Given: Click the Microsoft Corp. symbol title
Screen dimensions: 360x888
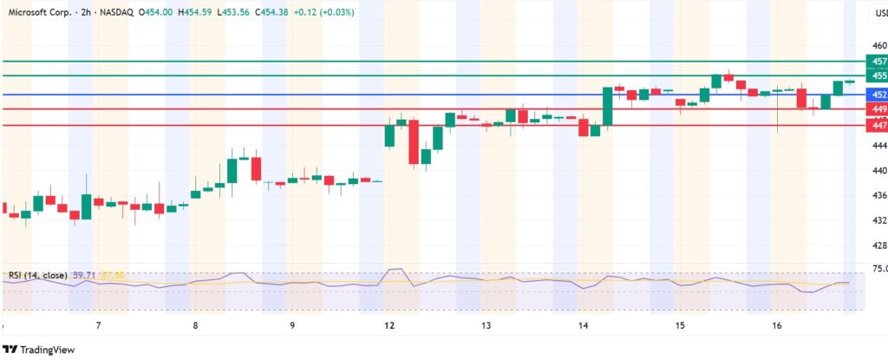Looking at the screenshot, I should coord(39,12).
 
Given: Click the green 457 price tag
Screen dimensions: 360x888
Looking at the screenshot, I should coord(878,62).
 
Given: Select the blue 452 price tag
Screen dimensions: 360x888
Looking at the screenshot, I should coord(878,94).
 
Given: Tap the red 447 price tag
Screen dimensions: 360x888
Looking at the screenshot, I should coord(878,125).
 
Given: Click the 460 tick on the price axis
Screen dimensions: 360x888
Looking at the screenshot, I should coord(878,45).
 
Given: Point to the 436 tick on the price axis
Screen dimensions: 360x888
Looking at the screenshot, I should coord(878,195).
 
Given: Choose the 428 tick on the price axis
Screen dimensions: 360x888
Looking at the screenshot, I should coord(878,245).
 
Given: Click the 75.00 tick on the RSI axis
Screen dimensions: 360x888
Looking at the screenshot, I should coord(878,269).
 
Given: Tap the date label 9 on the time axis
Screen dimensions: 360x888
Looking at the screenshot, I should coord(292,325).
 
